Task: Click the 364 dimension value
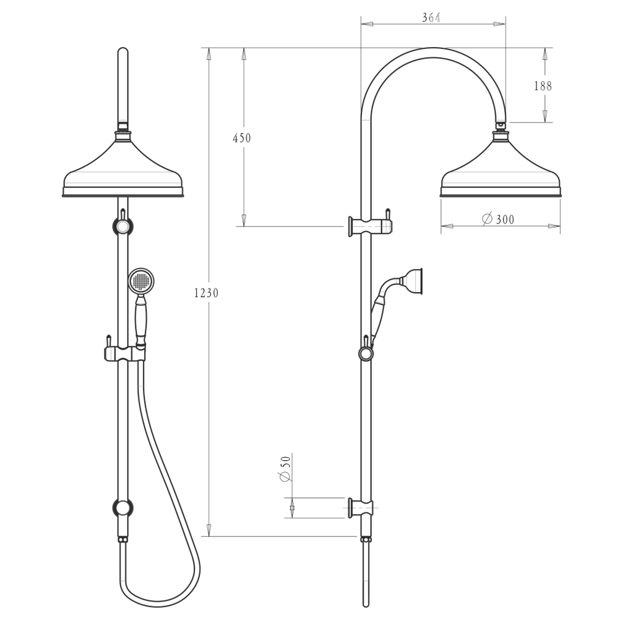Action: [431, 18]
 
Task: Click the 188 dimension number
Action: [542, 86]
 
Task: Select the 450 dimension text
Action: [241, 138]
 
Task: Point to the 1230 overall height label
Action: [206, 293]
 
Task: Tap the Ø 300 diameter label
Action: [499, 219]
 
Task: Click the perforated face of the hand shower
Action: [141, 281]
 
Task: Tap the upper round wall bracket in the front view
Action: [122, 226]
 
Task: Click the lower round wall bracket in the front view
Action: [122, 508]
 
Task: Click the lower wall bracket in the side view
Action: [361, 507]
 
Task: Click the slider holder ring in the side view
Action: [366, 353]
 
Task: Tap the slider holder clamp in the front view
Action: [124, 353]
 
